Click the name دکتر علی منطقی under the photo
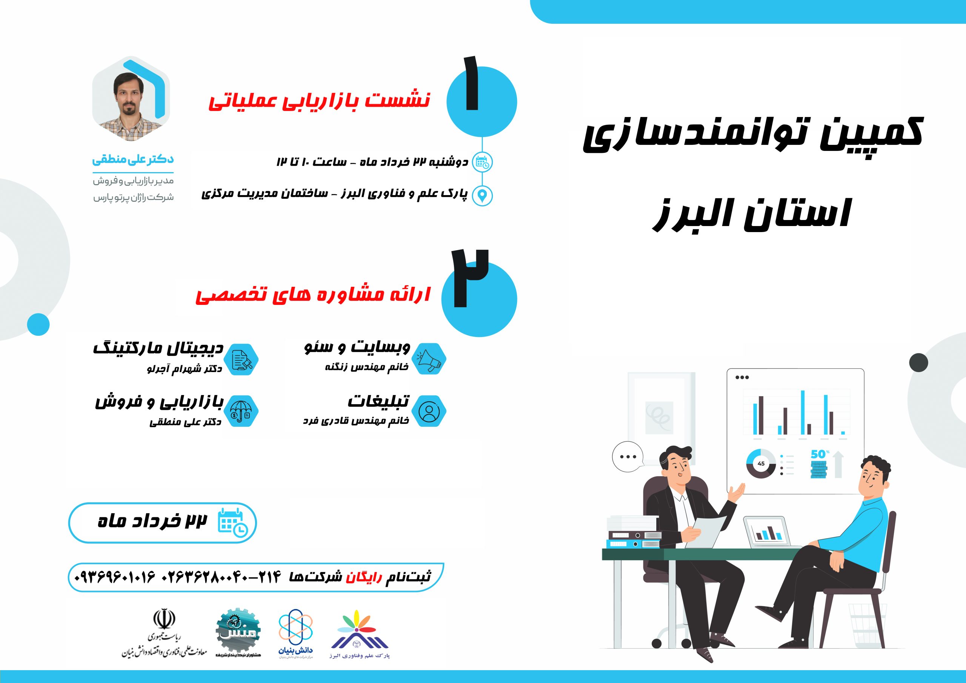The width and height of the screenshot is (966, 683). point(133,160)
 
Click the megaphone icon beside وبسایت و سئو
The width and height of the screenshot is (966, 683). point(429,359)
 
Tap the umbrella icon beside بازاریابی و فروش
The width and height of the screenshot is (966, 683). point(241,412)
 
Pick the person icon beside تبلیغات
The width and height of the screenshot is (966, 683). point(429,412)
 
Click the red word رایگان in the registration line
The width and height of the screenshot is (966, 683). point(364,577)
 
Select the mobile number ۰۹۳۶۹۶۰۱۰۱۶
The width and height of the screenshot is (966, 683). point(115,577)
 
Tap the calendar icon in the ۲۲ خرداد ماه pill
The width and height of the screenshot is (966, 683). point(232,523)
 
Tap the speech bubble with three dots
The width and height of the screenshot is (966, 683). point(628,457)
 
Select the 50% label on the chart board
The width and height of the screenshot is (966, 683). point(820,454)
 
